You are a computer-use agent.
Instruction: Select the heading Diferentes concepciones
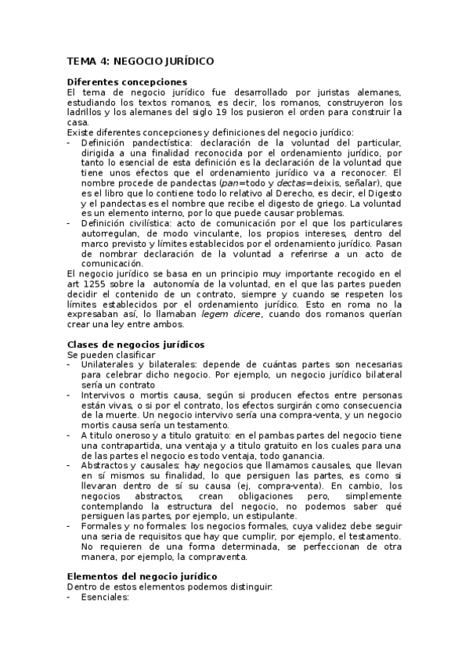tap(127, 81)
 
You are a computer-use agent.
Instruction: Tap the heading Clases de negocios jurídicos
tap(136, 344)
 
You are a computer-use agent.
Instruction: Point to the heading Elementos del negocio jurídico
tap(142, 576)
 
